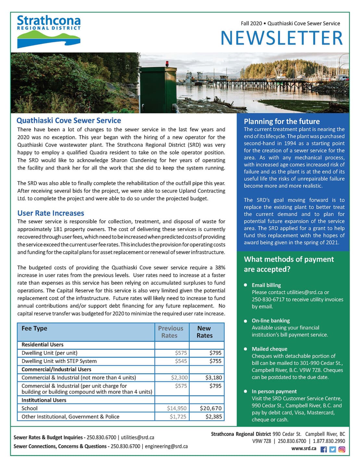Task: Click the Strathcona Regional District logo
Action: click(49, 31)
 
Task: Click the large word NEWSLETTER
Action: click(281, 38)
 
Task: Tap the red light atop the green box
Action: click(167, 63)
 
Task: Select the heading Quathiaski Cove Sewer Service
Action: click(69, 121)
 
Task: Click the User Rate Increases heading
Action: click(51, 213)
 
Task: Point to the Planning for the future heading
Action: click(282, 122)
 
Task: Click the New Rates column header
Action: click(205, 332)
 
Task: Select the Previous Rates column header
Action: click(170, 332)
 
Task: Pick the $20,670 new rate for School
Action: click(211, 408)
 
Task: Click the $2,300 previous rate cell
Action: click(179, 377)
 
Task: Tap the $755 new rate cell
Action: click(215, 361)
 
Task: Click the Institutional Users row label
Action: click(44, 400)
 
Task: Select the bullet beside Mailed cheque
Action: click(245, 349)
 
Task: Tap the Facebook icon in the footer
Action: click(323, 449)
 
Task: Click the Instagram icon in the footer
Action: click(342, 449)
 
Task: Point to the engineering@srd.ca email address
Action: click(166, 446)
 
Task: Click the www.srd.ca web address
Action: click(304, 449)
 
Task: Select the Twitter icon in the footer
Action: click(332, 449)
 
